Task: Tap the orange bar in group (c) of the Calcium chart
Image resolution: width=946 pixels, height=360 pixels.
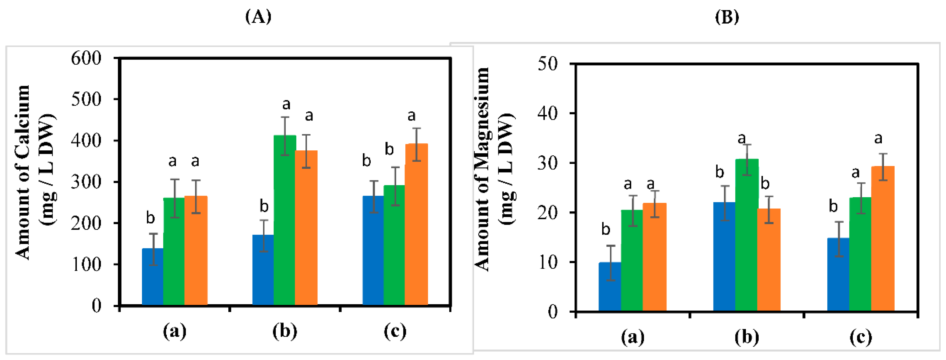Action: [x=416, y=224]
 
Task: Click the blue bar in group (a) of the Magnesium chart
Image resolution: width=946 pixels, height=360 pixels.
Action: [x=610, y=286]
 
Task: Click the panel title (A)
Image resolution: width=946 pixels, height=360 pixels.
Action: [x=258, y=17]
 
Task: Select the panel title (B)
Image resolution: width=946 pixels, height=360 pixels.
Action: [x=727, y=17]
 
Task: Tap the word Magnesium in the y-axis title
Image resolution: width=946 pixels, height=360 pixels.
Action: [x=482, y=121]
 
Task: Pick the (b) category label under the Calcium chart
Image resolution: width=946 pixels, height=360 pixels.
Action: [x=285, y=331]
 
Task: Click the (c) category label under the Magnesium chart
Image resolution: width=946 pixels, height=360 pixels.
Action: [x=860, y=337]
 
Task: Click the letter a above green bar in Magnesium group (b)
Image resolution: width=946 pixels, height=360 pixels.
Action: [x=742, y=139]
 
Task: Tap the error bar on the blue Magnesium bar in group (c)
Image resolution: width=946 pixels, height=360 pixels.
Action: [x=839, y=239]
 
